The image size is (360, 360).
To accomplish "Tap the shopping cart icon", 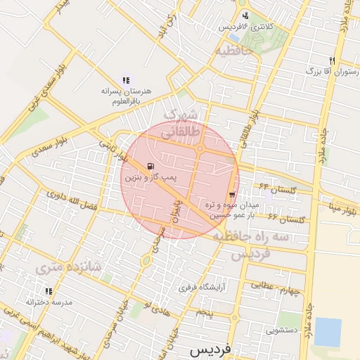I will click(x=232, y=195).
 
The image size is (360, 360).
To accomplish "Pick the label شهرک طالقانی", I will click(x=181, y=123).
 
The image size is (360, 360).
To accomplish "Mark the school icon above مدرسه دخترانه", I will click(x=49, y=290).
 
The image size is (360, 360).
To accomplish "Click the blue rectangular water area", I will click(x=328, y=332).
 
